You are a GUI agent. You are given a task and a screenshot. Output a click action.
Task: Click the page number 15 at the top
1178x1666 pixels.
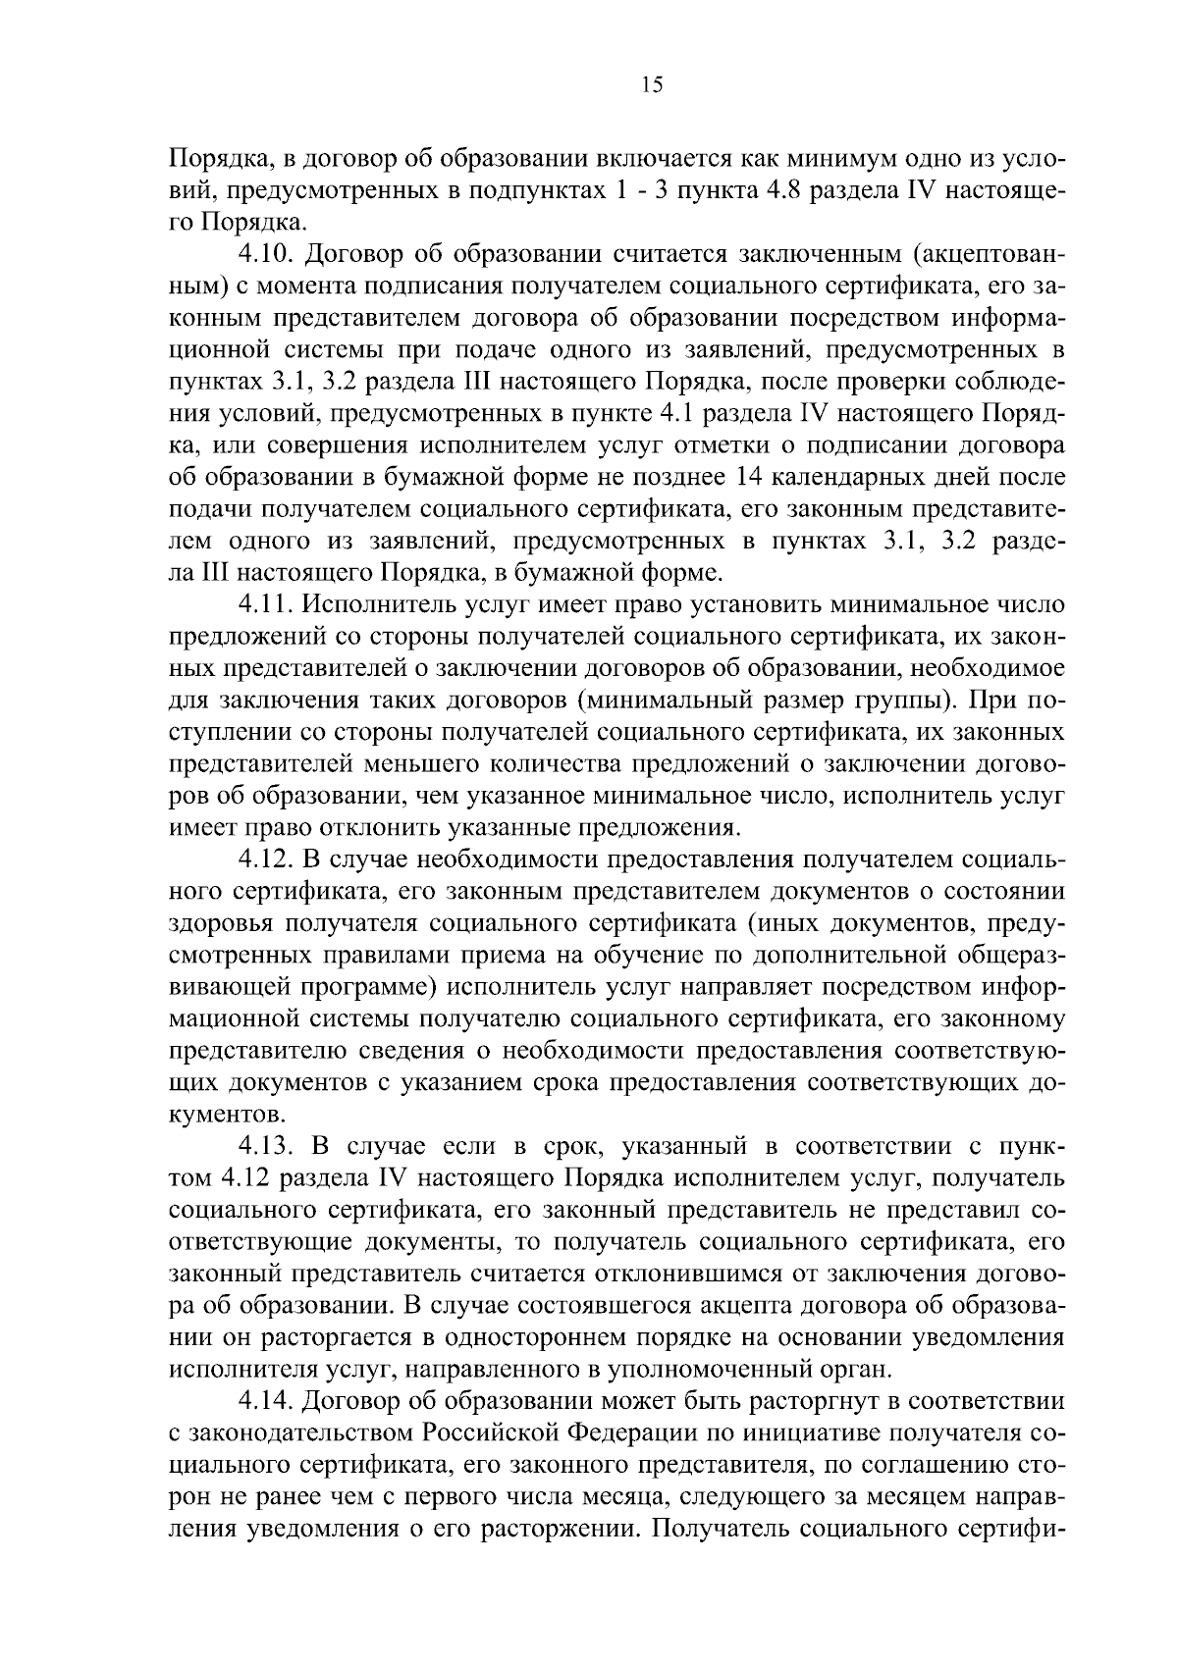tap(652, 85)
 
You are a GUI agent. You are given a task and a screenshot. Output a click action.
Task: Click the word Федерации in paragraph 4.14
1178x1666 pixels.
tap(629, 1431)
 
